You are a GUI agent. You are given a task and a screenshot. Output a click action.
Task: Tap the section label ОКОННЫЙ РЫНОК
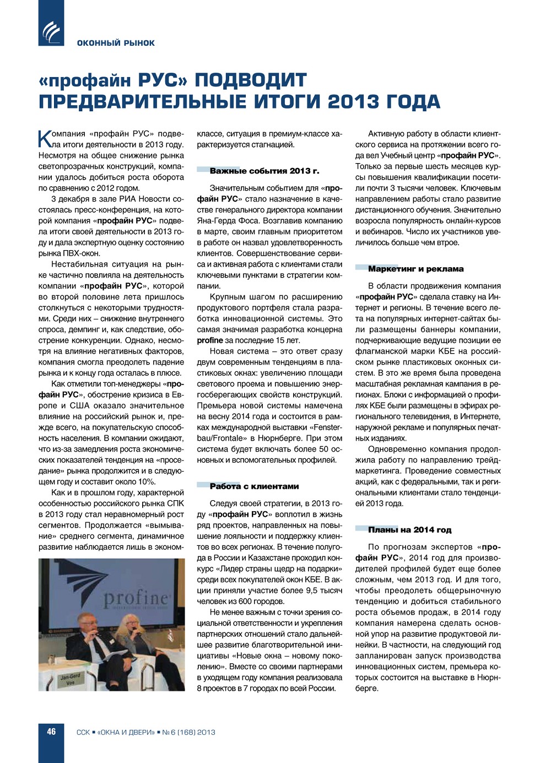pyautogui.click(x=116, y=43)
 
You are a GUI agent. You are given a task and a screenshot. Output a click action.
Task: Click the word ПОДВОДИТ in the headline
pyautogui.click(x=251, y=80)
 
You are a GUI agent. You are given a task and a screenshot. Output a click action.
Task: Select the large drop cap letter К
pyautogui.click(x=44, y=138)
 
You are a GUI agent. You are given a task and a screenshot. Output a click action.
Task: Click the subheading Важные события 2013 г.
pyautogui.click(x=264, y=171)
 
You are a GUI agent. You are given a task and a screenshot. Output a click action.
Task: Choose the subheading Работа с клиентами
pyautogui.click(x=254, y=486)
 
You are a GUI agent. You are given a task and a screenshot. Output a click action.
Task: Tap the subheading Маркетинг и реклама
pyautogui.click(x=415, y=269)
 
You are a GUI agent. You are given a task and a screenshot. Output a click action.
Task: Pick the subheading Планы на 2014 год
pyautogui.click(x=409, y=530)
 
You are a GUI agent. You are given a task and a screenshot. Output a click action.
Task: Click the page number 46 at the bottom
pyautogui.click(x=51, y=732)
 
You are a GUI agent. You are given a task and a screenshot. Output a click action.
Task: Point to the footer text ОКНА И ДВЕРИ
pyautogui.click(x=126, y=732)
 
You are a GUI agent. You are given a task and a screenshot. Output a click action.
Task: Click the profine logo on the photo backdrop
pyautogui.click(x=136, y=597)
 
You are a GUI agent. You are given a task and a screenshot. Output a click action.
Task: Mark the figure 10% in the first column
pyautogui.click(x=145, y=481)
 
